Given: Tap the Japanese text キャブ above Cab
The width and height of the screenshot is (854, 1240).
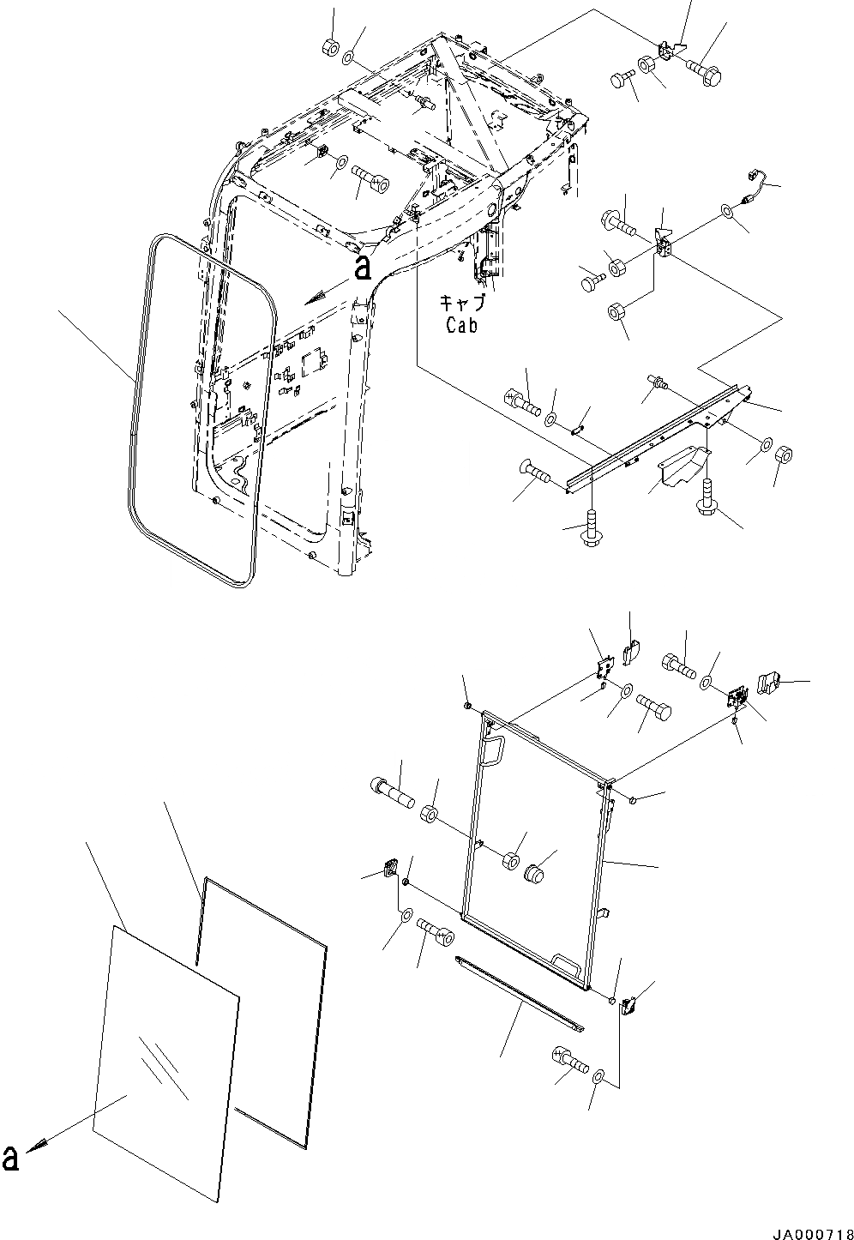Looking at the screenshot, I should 463,304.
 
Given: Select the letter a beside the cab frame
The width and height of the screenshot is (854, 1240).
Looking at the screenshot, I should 363,268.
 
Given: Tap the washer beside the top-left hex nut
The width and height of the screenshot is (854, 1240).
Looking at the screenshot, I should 351,58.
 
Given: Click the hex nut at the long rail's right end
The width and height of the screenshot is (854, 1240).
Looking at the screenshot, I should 783,454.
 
